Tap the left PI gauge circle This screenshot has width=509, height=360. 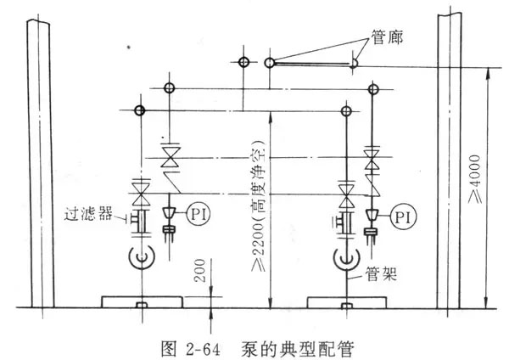pyautogui.click(x=196, y=211)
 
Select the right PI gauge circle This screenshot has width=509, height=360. pyautogui.click(x=403, y=217)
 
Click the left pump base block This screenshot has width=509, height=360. pyautogui.click(x=141, y=302)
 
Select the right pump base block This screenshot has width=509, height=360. pyautogui.click(x=347, y=302)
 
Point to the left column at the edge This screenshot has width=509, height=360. pyautogui.click(x=38, y=161)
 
